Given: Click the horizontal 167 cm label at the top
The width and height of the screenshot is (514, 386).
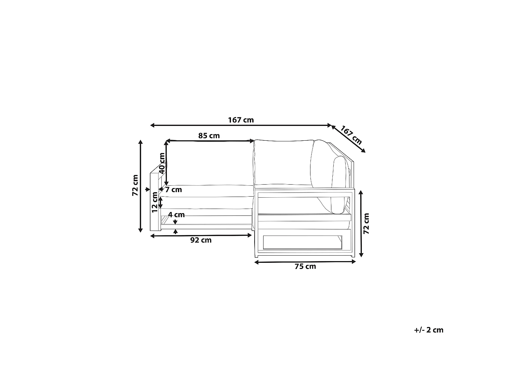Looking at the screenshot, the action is (x=241, y=120).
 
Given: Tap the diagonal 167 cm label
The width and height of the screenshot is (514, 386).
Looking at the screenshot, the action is (x=351, y=135).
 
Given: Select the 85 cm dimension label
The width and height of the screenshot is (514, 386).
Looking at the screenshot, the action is (x=209, y=136).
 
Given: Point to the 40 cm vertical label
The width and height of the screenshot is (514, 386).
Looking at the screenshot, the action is (x=162, y=163).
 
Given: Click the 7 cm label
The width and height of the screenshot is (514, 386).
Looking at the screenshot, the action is (x=173, y=190).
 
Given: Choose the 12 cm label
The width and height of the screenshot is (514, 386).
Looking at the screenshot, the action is (x=155, y=202).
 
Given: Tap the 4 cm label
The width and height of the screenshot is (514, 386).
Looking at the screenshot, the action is (x=176, y=215).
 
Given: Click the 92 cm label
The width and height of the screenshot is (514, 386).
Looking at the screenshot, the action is (x=201, y=240).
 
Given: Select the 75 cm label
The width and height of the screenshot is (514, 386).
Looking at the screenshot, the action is (x=305, y=267).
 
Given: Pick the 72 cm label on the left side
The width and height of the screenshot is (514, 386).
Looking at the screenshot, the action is (x=135, y=185).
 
